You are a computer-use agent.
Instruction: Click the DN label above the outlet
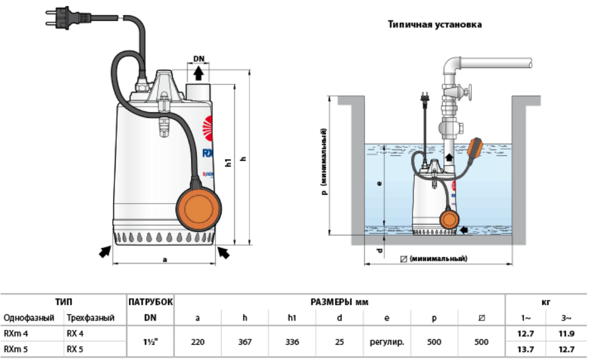point(199,58)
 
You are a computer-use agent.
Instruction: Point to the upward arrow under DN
point(199,73)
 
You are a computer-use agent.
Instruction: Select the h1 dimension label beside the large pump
point(228,162)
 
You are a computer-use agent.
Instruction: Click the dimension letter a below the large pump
point(165,260)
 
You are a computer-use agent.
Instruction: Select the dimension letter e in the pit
point(379,184)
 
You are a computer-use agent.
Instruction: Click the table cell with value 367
point(245,342)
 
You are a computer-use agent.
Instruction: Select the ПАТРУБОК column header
point(151,302)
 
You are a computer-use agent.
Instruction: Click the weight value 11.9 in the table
point(566,334)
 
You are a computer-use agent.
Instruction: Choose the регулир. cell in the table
point(386,342)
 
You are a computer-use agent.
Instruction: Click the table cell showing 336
point(292,342)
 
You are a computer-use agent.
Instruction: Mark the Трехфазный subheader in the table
point(91,318)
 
